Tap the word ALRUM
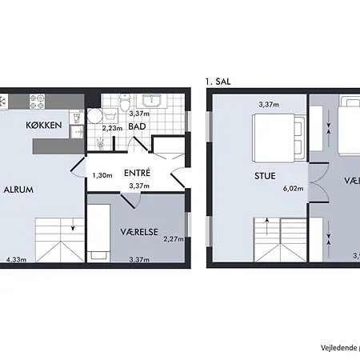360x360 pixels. click(x=18, y=190)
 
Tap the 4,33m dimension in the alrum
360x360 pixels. click(x=15, y=259)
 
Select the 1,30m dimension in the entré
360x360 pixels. click(x=102, y=175)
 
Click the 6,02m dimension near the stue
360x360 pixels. click(x=294, y=190)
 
